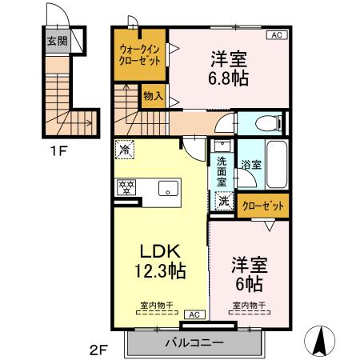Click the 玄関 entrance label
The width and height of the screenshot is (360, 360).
coord(56,42)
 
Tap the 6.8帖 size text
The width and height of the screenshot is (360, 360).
coord(227,78)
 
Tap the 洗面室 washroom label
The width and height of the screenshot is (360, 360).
coord(222,171)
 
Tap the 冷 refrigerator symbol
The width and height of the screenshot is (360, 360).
coord(125,149)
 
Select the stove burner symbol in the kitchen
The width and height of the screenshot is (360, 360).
coord(126,188)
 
